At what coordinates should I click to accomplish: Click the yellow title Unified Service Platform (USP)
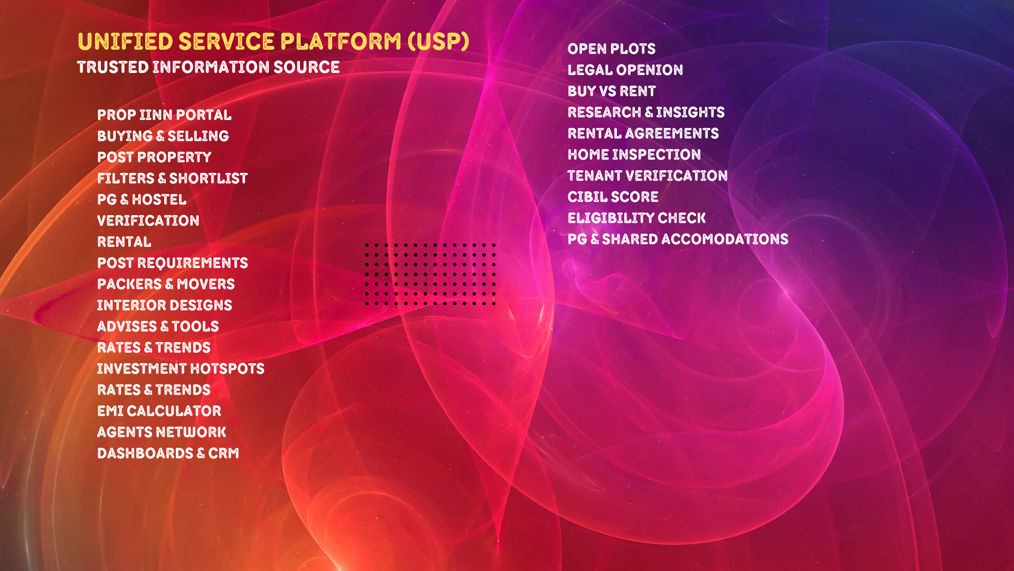273,42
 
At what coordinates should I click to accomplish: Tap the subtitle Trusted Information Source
208,68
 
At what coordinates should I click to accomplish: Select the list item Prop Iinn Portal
164,115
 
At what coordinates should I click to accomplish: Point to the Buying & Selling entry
163,136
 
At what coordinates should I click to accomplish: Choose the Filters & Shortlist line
172,179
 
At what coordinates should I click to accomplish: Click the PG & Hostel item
142,200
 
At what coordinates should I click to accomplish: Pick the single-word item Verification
148,221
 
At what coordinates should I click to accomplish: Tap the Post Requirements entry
172,263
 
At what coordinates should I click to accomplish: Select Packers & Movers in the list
166,284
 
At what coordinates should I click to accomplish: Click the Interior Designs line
164,306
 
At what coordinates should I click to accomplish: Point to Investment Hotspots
181,369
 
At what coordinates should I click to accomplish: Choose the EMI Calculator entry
159,411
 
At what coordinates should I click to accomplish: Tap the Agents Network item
162,432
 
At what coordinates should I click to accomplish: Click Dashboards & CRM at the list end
168,454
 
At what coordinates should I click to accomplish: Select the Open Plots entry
612,49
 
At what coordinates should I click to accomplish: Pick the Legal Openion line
625,70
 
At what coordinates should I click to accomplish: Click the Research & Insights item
646,113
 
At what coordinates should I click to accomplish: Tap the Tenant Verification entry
647,176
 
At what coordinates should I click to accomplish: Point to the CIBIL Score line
613,197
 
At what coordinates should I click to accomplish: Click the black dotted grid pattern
430,274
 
